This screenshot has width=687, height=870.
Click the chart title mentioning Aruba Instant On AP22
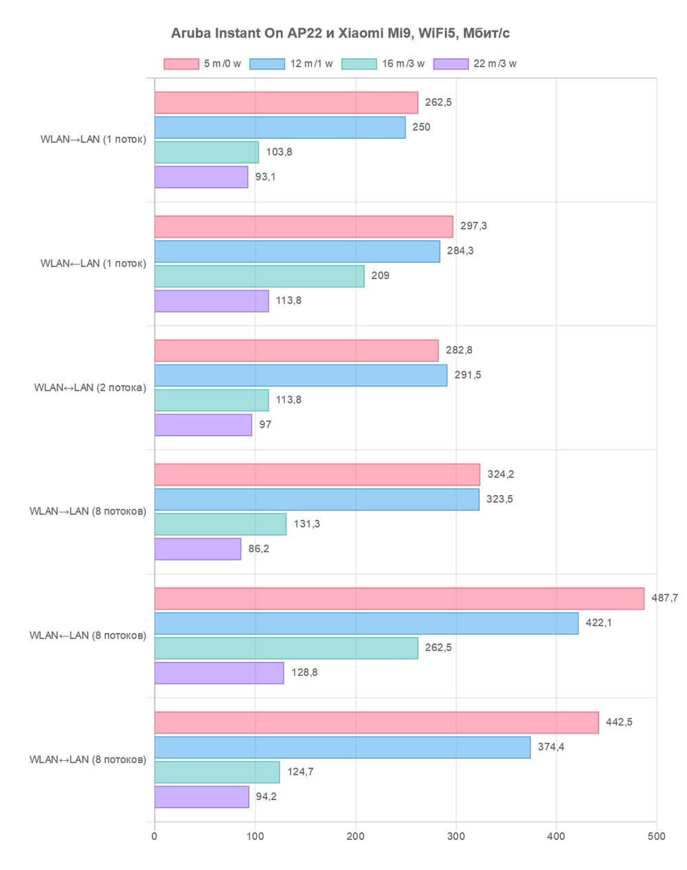(x=340, y=33)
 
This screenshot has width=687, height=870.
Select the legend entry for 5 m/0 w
(x=203, y=64)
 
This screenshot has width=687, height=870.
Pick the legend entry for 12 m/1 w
(x=291, y=64)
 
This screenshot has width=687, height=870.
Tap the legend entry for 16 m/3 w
(x=383, y=64)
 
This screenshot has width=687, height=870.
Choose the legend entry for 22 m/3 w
(x=475, y=64)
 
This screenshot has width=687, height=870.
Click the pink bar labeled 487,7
(x=399, y=599)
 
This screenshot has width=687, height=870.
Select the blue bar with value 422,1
(x=366, y=623)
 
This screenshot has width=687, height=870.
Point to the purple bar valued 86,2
(x=198, y=549)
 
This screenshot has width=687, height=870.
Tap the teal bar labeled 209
(x=259, y=276)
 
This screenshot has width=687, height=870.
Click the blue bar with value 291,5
(x=301, y=376)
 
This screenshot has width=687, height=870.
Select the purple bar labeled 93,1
(x=201, y=177)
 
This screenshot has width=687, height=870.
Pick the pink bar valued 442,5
(x=376, y=722)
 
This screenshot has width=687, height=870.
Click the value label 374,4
(x=551, y=747)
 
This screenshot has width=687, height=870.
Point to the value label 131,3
(x=307, y=524)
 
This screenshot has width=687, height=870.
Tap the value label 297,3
(x=473, y=226)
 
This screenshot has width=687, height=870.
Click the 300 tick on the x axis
(x=456, y=836)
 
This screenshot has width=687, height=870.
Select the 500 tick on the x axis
(x=657, y=836)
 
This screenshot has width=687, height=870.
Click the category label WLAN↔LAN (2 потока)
(x=90, y=387)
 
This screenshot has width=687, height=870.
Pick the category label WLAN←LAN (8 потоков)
(x=88, y=635)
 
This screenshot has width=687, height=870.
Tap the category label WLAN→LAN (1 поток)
(x=93, y=139)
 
